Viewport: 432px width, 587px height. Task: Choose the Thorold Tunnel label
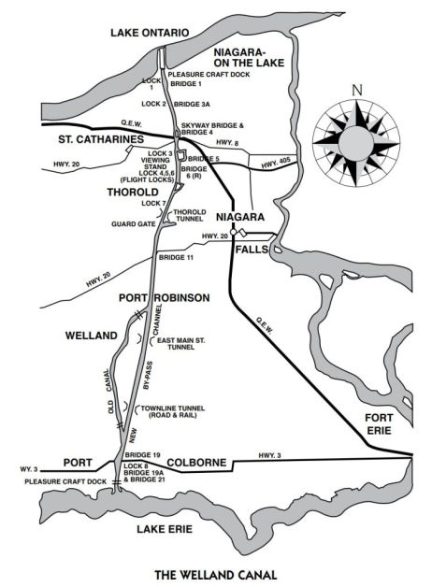click(x=190, y=216)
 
